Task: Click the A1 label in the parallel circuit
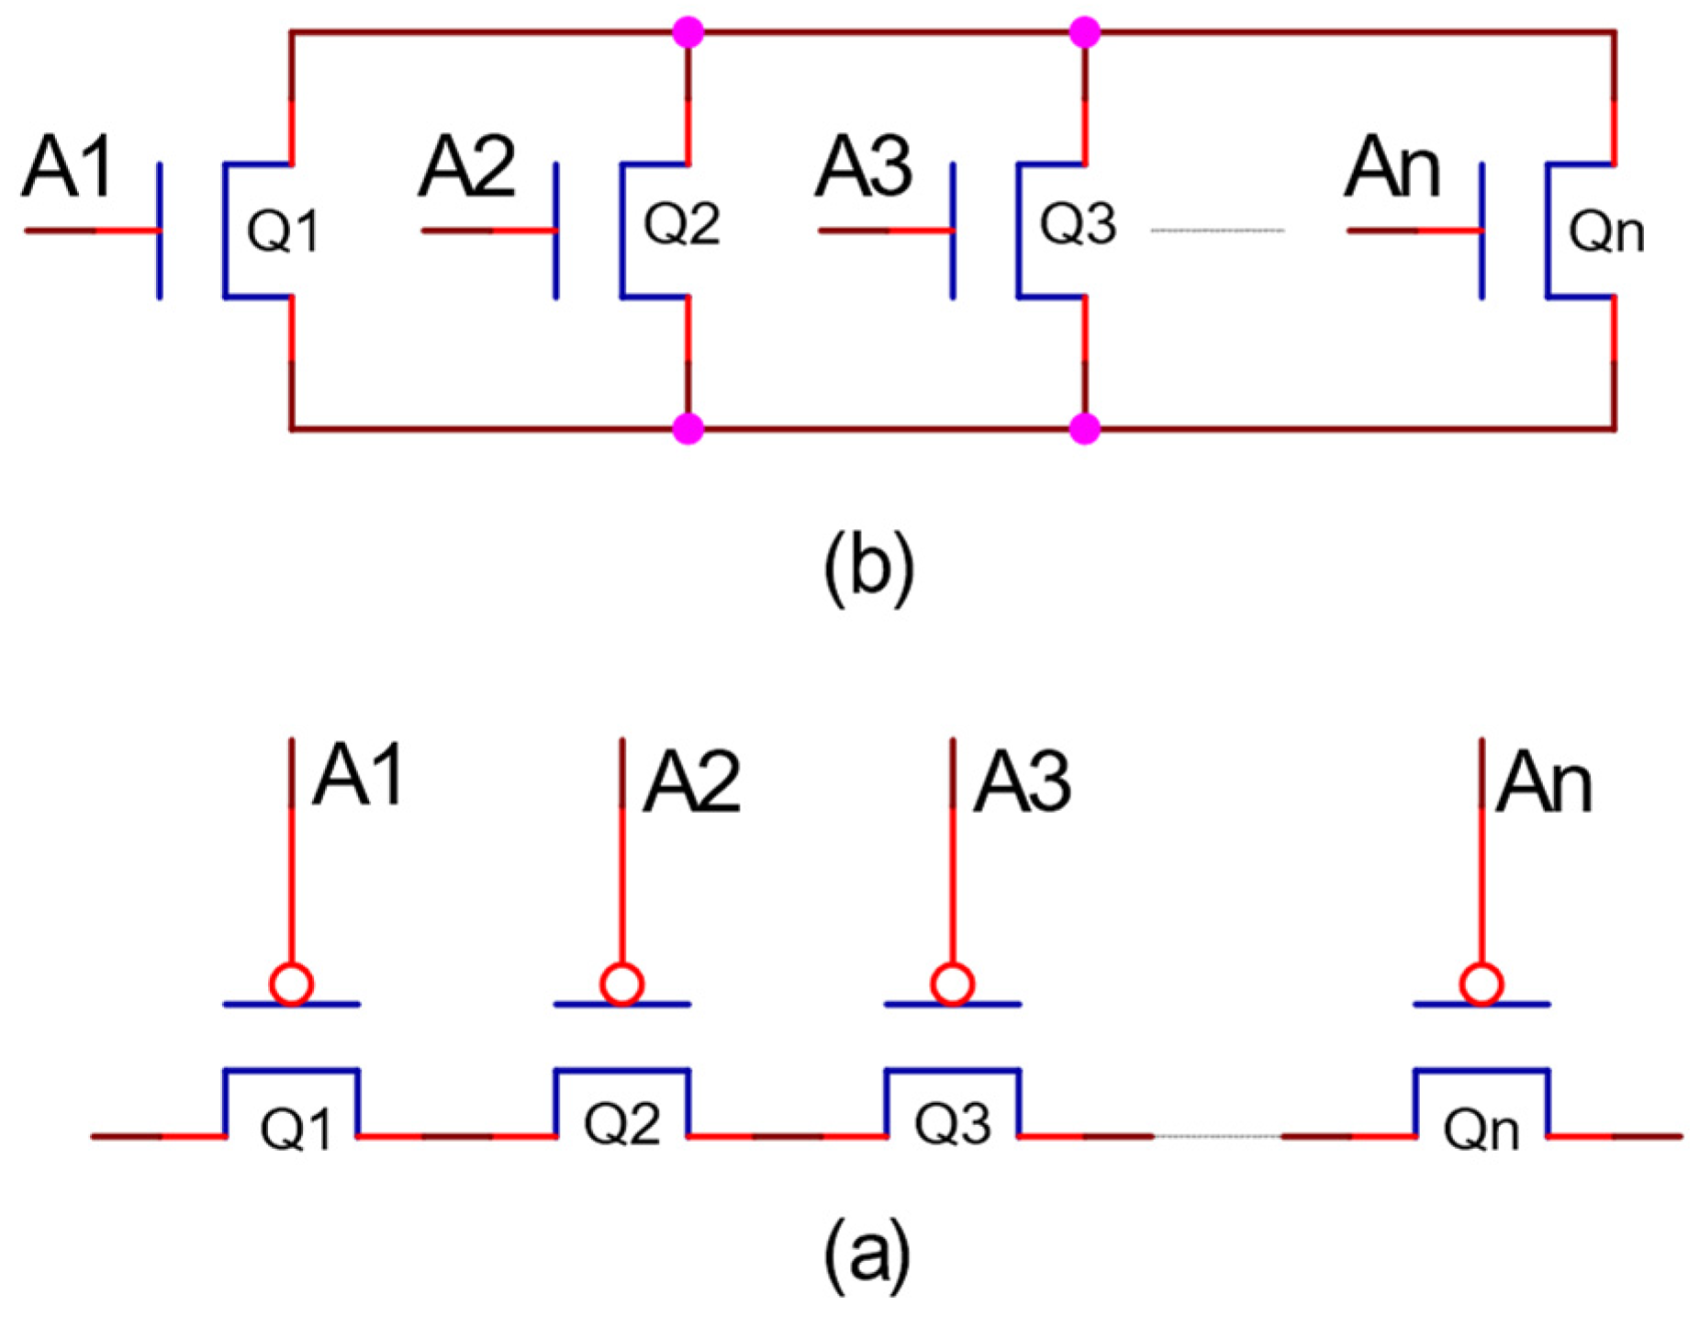pyautogui.click(x=69, y=167)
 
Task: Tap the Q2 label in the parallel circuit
pyautogui.click(x=681, y=223)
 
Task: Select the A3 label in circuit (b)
pyautogui.click(x=863, y=167)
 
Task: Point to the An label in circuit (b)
pyautogui.click(x=1392, y=167)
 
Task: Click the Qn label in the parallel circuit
pyautogui.click(x=1605, y=232)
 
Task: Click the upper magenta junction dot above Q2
pyautogui.click(x=688, y=33)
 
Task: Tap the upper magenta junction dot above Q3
pyautogui.click(x=1085, y=33)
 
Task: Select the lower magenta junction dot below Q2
pyautogui.click(x=688, y=428)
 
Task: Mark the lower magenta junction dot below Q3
pyautogui.click(x=1085, y=428)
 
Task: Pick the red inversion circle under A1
pyautogui.click(x=291, y=984)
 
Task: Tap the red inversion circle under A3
pyautogui.click(x=952, y=984)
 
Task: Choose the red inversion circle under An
pyautogui.click(x=1481, y=984)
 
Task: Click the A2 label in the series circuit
pyautogui.click(x=691, y=782)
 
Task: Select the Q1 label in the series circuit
pyautogui.click(x=295, y=1129)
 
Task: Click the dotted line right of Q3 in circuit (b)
pyautogui.click(x=1217, y=230)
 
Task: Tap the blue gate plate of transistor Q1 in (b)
pyautogui.click(x=160, y=231)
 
